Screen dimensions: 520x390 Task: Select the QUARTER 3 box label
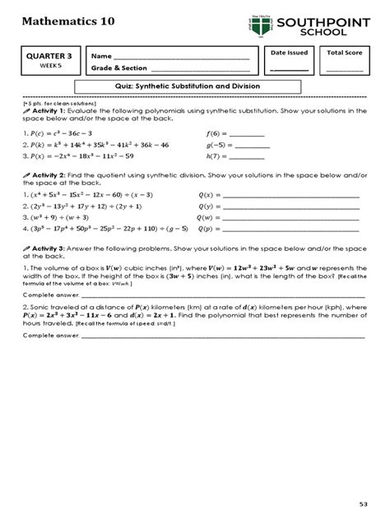point(47,56)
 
